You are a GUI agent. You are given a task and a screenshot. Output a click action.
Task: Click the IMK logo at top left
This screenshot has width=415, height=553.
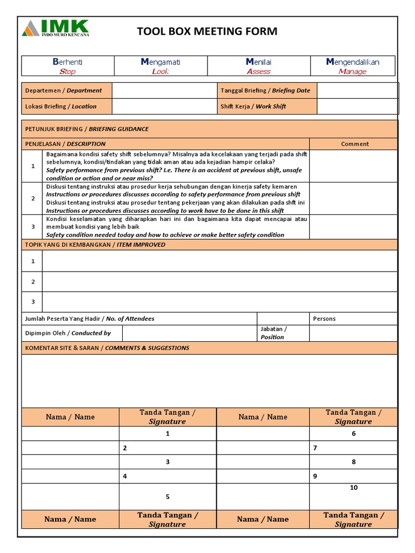point(56,28)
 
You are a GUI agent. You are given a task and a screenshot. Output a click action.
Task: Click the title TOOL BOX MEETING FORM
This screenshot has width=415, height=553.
point(207,31)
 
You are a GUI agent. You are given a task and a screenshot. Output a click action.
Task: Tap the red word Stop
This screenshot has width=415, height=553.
point(68,71)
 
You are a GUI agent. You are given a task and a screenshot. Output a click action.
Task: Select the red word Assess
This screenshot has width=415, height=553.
point(258,71)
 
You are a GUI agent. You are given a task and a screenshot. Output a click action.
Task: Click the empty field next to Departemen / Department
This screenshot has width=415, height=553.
point(164,91)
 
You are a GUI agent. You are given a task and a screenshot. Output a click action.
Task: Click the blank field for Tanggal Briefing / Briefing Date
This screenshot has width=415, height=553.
point(357,91)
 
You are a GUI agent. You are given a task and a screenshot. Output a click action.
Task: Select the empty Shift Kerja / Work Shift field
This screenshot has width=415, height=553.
point(357,106)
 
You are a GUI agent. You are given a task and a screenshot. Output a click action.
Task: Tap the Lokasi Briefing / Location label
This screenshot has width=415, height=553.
point(61,106)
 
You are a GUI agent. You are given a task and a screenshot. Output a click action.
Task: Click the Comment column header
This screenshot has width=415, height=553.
point(354,144)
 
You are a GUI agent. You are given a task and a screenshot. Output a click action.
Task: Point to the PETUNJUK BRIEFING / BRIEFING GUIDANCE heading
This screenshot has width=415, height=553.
point(86,129)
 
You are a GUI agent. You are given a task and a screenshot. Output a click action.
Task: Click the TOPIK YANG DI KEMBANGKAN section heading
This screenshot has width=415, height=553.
point(95,245)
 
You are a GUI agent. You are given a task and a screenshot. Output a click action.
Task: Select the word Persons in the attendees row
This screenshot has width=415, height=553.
point(324,319)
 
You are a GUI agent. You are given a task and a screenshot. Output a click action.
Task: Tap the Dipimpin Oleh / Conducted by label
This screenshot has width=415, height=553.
point(68,333)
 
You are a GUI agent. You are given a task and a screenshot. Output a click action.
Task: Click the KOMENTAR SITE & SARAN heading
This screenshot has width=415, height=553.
point(107,348)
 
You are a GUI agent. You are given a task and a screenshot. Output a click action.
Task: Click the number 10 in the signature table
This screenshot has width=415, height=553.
point(354,488)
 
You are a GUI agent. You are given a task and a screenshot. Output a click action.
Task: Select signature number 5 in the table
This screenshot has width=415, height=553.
point(168,497)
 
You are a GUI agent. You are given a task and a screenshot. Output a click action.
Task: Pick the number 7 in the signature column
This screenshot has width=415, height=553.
point(315,448)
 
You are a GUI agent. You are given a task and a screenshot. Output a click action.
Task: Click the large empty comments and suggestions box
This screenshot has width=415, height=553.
point(209,381)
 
